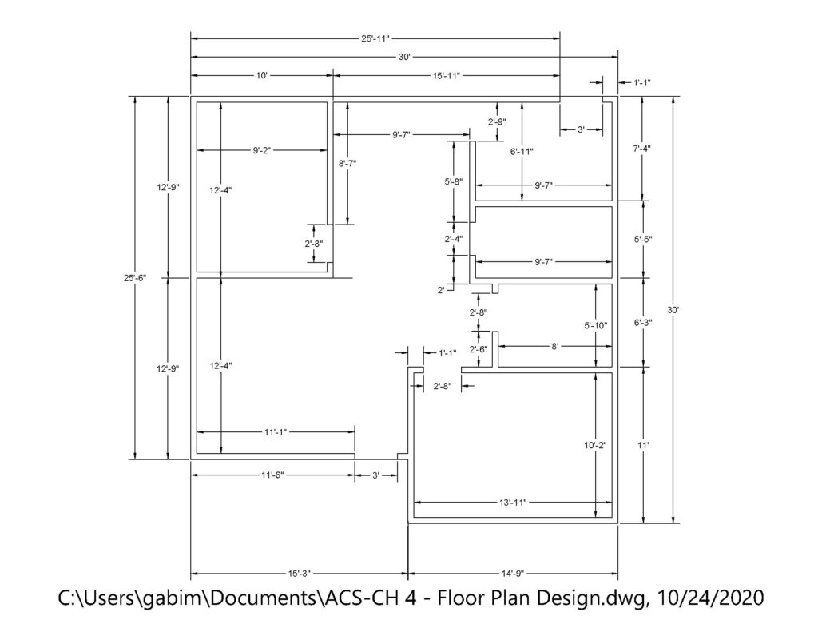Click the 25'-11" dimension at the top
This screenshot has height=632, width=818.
(375, 38)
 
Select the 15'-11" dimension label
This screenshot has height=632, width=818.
(447, 74)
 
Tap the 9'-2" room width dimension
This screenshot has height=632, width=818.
(262, 149)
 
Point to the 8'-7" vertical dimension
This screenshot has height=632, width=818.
(347, 163)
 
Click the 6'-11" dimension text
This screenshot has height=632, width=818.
(522, 151)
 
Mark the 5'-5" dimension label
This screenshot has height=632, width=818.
(643, 238)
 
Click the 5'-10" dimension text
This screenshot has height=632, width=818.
(596, 325)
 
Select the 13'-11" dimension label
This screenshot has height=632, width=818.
(511, 503)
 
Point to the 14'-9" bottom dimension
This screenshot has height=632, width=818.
(512, 573)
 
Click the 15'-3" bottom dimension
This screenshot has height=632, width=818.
(299, 573)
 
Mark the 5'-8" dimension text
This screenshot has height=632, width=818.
(454, 181)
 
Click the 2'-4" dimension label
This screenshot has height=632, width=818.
(454, 238)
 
